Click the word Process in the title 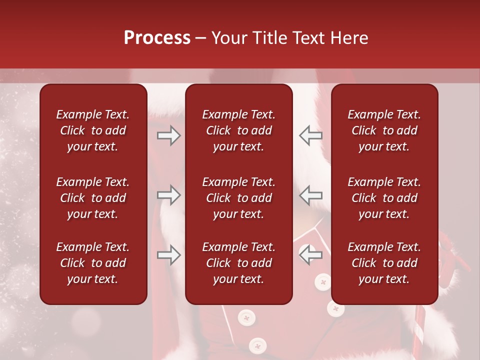[157, 38]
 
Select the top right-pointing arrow [169, 135]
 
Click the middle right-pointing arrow [169, 195]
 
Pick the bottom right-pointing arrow [169, 255]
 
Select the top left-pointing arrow [310, 135]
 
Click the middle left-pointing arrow [310, 195]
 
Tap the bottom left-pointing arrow [310, 255]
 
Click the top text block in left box [93, 130]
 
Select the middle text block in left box [93, 198]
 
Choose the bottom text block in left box [93, 263]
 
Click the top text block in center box [238, 130]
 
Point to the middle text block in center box [238, 198]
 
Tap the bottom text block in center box [238, 263]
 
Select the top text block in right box [384, 130]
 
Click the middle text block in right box [384, 198]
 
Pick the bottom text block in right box [384, 263]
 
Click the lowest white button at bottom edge [257, 345]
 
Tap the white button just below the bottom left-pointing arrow [322, 282]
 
